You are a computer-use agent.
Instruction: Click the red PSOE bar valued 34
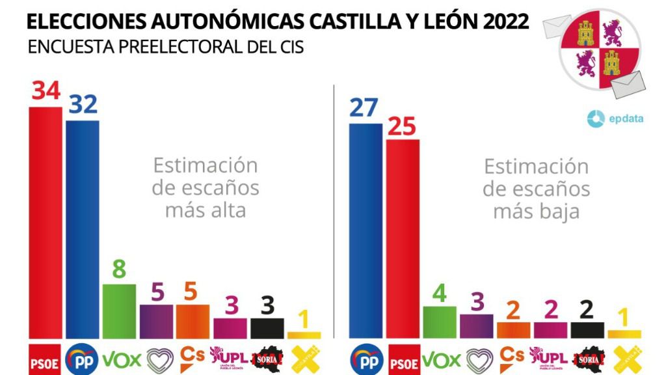(x=46, y=221)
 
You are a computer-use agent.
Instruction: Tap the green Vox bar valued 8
(x=119, y=311)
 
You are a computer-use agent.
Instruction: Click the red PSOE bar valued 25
(x=402, y=238)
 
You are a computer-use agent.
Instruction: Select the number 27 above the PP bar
(x=364, y=107)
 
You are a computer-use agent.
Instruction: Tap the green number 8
(x=119, y=270)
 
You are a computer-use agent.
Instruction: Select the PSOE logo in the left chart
(x=46, y=357)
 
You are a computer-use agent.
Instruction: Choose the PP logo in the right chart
(x=366, y=358)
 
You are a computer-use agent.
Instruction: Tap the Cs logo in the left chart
(x=192, y=355)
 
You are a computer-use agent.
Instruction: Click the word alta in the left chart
(x=224, y=210)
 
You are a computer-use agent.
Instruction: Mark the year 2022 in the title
(x=505, y=21)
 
